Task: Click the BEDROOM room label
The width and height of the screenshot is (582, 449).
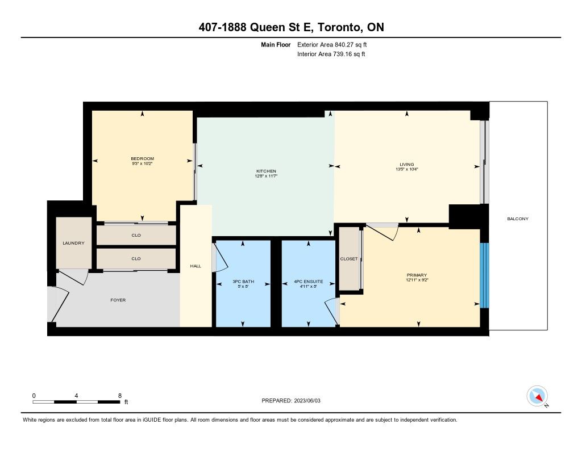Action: (x=143, y=159)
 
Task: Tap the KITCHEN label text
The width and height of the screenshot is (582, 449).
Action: (x=266, y=171)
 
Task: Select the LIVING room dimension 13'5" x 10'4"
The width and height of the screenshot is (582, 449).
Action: (x=407, y=169)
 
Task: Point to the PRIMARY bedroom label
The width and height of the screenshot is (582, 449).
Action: (x=417, y=275)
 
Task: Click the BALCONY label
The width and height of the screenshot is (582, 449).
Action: (x=518, y=219)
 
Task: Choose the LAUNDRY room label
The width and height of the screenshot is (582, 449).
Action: (x=73, y=243)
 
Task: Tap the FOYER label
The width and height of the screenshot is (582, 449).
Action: (x=118, y=300)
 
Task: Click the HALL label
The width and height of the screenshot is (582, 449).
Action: (x=196, y=266)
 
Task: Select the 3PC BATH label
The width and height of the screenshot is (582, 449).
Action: (x=243, y=282)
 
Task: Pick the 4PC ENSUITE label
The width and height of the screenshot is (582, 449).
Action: (x=309, y=282)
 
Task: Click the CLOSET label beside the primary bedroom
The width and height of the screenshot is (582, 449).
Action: (x=349, y=259)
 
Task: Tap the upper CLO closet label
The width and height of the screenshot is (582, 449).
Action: (x=136, y=235)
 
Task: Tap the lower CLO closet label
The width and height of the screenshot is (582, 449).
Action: (x=136, y=258)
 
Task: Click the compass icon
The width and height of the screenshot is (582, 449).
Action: (x=537, y=396)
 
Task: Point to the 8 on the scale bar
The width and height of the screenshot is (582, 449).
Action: (x=120, y=396)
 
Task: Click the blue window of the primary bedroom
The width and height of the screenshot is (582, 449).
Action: (x=484, y=275)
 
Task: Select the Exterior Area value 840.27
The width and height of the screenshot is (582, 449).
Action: (x=344, y=45)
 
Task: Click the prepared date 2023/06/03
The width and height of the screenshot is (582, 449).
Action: (x=307, y=400)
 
